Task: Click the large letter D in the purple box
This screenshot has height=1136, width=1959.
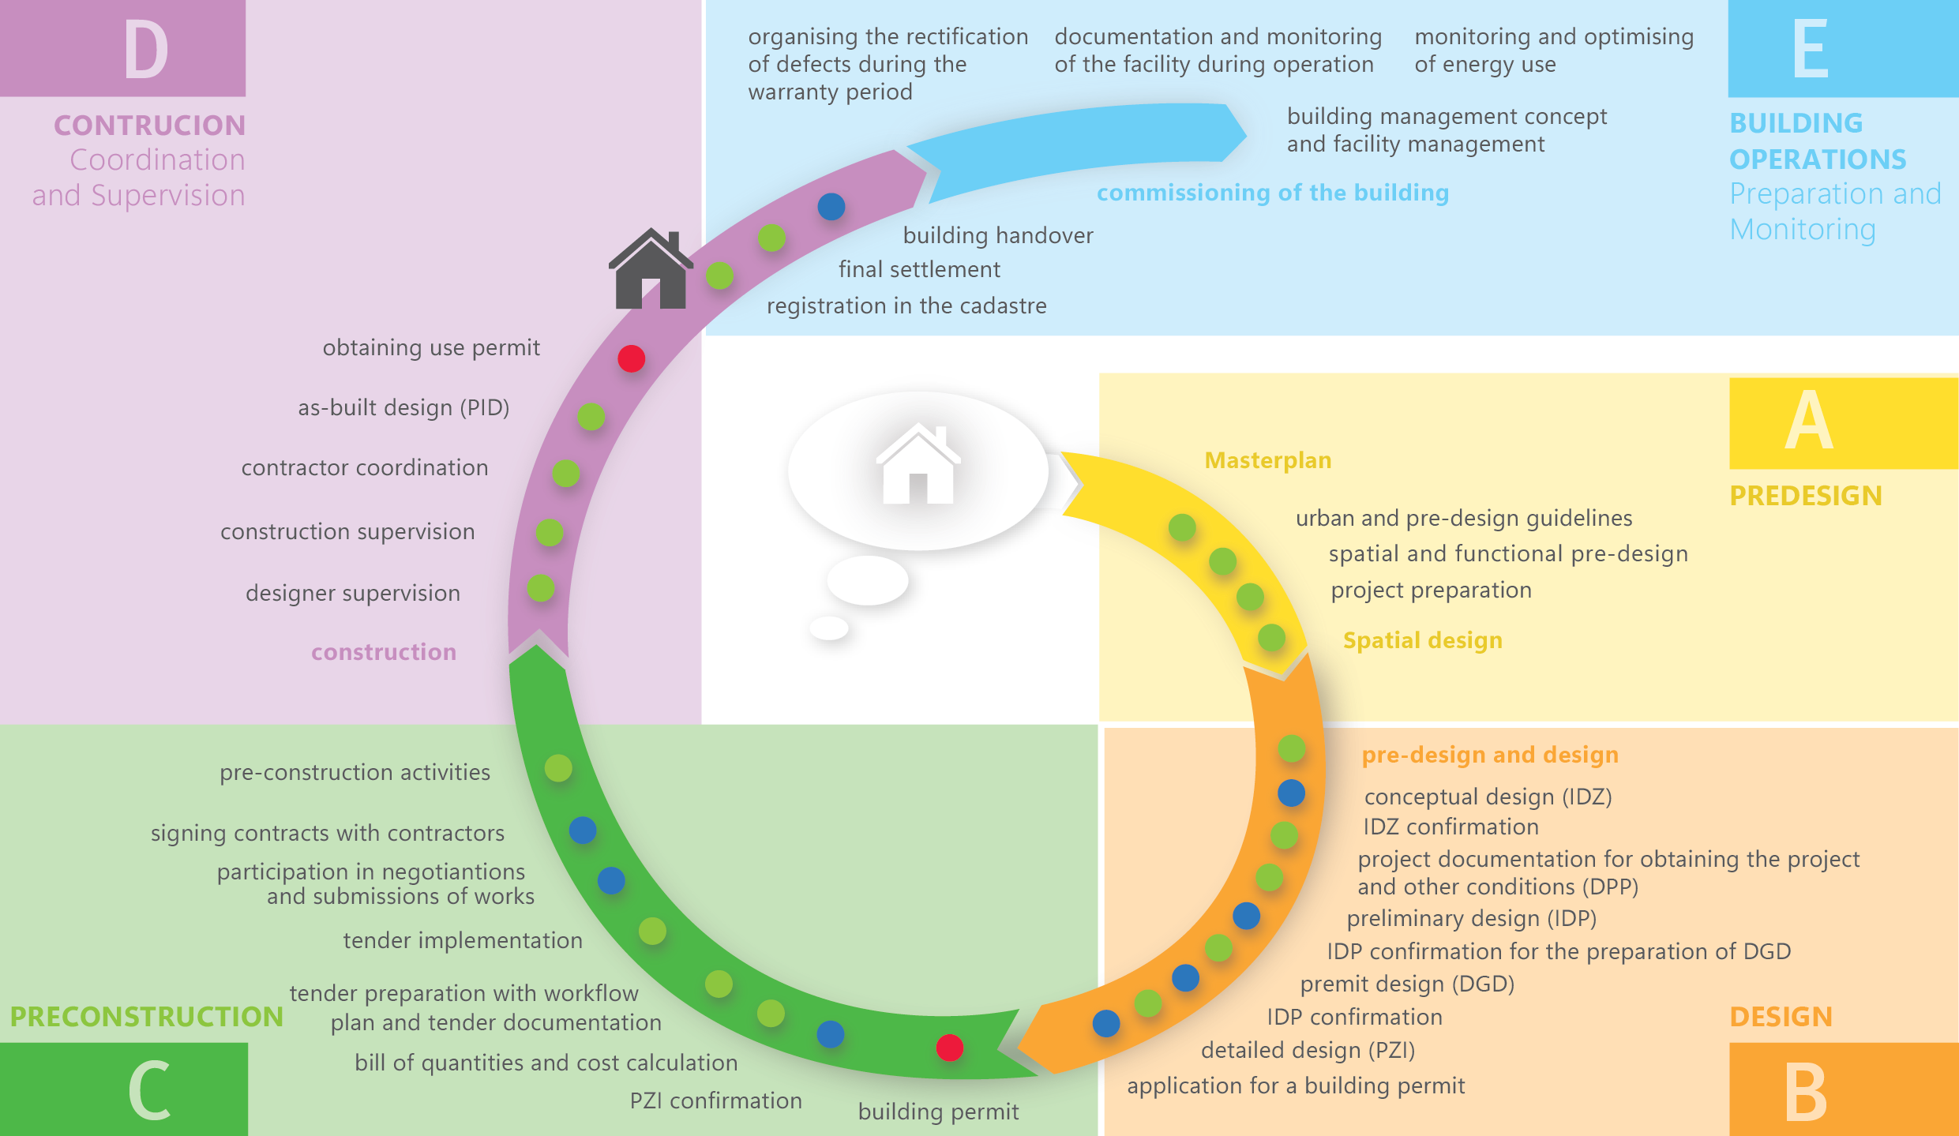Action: [x=147, y=49]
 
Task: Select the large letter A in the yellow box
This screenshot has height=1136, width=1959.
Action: [x=1809, y=420]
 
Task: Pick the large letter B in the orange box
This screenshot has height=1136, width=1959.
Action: [x=1806, y=1092]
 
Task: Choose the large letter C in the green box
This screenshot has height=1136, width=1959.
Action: [x=149, y=1090]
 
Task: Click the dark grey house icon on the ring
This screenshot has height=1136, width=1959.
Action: [x=651, y=268]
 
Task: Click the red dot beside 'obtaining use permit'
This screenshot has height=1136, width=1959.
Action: [x=632, y=358]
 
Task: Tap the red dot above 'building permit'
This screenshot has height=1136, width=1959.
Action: [x=950, y=1048]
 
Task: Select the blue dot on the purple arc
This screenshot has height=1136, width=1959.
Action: [x=831, y=207]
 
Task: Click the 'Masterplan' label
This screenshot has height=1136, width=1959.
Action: [x=1268, y=460]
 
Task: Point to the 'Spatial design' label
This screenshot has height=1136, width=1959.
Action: [x=1423, y=640]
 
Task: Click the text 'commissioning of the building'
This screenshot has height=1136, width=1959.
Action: [x=1273, y=193]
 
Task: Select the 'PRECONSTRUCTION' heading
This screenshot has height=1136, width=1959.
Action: [x=147, y=1016]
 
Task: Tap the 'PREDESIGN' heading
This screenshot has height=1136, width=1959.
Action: [x=1806, y=496]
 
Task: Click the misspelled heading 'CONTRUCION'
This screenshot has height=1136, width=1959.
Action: [x=150, y=126]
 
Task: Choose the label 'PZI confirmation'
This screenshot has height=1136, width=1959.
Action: [x=715, y=1100]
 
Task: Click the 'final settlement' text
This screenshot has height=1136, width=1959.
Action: [x=919, y=269]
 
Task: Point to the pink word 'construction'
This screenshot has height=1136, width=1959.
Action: [x=384, y=652]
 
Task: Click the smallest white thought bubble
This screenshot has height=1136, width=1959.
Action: [x=829, y=628]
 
